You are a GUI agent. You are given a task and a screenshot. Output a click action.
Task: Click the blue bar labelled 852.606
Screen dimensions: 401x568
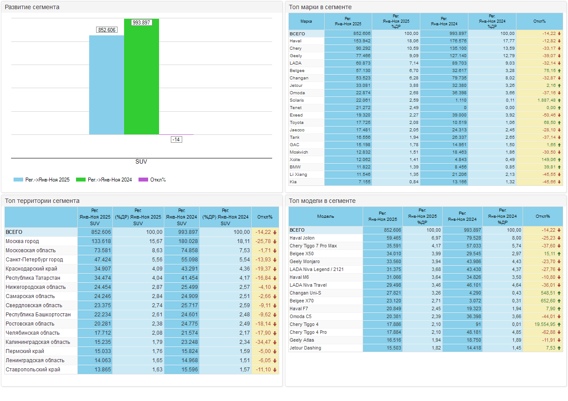107,85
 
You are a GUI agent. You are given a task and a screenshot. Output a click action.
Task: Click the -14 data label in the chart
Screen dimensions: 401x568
177,140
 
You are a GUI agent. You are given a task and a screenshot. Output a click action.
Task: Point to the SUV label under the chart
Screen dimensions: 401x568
141,162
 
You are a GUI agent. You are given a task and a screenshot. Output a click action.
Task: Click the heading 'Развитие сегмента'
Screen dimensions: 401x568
32,7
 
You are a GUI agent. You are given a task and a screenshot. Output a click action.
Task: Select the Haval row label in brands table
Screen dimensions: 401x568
296,41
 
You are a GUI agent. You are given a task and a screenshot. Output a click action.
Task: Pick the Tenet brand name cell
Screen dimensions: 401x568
296,108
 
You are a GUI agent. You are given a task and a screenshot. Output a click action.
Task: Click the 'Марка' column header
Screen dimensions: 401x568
306,21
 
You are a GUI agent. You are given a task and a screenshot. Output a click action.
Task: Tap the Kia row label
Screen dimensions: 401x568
293,182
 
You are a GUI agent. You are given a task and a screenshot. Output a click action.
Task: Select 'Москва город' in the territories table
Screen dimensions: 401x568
22,241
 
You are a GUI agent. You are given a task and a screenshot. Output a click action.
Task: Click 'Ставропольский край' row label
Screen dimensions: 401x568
33,370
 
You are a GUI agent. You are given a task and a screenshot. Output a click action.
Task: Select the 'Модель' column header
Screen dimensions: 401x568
326,216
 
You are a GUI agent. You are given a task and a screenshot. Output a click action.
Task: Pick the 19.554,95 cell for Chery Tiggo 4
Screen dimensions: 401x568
540,325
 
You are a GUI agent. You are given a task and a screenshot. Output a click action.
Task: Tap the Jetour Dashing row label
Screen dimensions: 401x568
305,348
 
